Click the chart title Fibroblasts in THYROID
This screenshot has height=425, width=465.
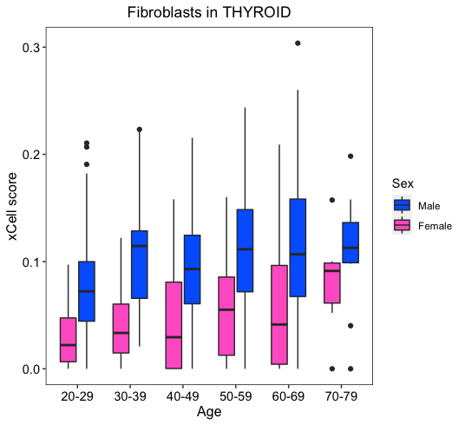(209, 12)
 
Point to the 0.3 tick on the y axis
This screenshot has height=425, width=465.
(31, 48)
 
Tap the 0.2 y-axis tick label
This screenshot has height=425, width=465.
(31, 155)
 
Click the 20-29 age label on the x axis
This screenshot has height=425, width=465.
(77, 396)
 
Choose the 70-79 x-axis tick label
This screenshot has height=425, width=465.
(341, 396)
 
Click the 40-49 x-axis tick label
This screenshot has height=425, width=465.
(183, 396)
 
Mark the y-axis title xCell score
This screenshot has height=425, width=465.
(12, 206)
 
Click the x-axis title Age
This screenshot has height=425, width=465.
(209, 412)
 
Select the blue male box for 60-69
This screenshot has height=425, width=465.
(298, 248)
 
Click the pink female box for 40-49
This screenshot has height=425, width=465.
(174, 325)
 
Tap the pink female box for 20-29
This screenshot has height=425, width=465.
(69, 340)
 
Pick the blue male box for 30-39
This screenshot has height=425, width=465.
(140, 264)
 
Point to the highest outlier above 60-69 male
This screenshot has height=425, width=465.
(298, 43)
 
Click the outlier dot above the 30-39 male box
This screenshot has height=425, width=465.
(140, 129)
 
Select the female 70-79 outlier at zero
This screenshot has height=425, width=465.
(332, 369)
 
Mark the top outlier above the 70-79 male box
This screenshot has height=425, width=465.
(350, 156)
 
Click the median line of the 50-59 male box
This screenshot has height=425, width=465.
(245, 249)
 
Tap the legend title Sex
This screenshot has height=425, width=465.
(403, 183)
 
